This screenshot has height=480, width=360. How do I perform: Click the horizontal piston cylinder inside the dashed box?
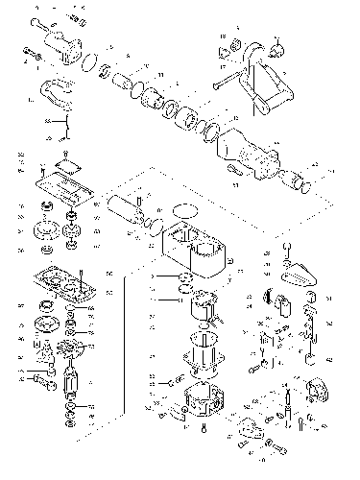pos(124,208)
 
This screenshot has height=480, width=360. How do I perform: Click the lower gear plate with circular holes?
pos(62,283)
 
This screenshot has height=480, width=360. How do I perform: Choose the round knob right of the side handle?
pos(279,45)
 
